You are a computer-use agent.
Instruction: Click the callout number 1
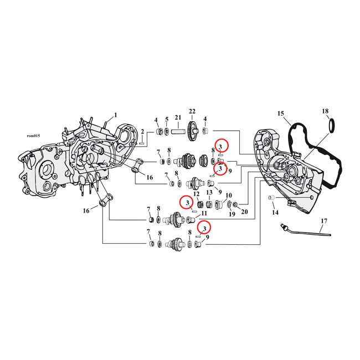pos(116,115)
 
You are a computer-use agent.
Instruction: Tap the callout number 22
pos(192,111)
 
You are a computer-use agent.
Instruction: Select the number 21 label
pos(178,117)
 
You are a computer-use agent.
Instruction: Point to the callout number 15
pos(281,114)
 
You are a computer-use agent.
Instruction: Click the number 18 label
pos(325,111)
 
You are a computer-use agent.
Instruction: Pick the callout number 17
pos(324,221)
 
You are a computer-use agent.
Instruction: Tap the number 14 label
pos(275,213)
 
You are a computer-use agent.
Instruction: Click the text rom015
pos(34,136)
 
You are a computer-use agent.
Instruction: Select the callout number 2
pos(142,132)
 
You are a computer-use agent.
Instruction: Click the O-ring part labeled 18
pos(332,125)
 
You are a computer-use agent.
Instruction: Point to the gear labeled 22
pos(192,132)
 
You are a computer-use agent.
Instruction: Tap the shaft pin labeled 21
pos(178,133)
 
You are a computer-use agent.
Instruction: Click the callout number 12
pos(197,194)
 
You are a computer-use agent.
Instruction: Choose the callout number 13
pos(209,192)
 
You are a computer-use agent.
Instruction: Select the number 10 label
pos(229,196)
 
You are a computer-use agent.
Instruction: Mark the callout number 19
pos(232,214)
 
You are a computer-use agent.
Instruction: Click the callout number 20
pos(244,212)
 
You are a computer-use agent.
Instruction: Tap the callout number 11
pos(204,213)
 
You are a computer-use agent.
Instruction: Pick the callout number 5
pos(167,119)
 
